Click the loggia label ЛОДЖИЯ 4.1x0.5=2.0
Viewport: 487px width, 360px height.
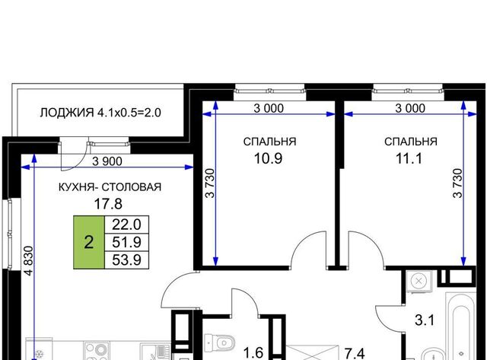tap(100, 113)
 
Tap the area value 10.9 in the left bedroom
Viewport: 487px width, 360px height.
tap(268, 158)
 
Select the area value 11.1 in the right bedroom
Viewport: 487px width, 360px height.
tap(409, 158)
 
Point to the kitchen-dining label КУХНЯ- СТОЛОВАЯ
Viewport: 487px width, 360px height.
tap(110, 187)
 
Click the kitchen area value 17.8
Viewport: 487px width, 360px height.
tap(108, 204)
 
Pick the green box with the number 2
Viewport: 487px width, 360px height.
tap(89, 242)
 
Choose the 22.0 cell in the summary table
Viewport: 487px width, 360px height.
tap(127, 225)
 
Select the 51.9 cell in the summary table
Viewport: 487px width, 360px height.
tap(127, 242)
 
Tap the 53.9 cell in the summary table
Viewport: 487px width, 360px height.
tap(127, 260)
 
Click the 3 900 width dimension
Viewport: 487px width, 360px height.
tap(107, 161)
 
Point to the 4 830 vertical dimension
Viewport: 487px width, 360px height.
tap(29, 261)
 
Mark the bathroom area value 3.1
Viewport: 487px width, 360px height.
tap(425, 320)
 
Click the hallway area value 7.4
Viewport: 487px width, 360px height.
tap(355, 353)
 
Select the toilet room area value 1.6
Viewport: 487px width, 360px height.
tap(253, 353)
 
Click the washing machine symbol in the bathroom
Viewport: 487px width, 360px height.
tap(419, 282)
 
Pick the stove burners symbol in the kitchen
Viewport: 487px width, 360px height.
tap(97, 351)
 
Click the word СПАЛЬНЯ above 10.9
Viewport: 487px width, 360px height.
tap(269, 142)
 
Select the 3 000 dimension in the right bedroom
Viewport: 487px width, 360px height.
tap(410, 108)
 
